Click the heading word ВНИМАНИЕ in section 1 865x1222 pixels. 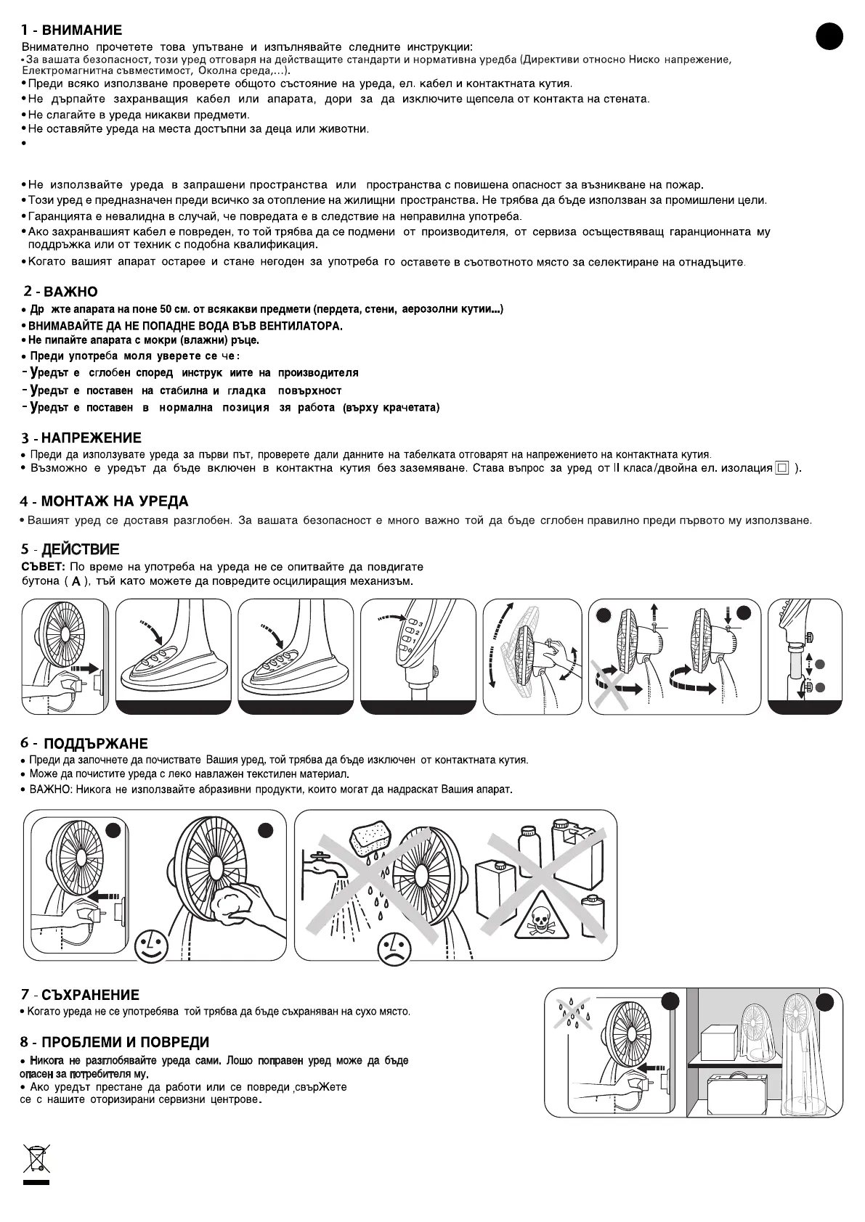[81, 30]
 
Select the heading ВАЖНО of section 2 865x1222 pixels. [70, 292]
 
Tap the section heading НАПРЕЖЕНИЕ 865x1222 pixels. [91, 438]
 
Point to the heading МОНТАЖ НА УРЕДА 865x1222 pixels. [114, 501]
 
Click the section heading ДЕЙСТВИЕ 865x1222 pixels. [80, 549]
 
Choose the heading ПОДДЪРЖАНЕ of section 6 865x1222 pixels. [96, 744]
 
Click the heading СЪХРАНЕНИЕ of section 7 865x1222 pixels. [90, 995]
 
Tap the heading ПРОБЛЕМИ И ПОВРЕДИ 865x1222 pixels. [125, 1043]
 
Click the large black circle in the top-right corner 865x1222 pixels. [829, 36]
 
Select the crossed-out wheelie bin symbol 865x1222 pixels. [36, 1158]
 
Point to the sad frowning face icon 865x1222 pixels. [393, 949]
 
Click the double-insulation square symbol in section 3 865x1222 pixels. [781, 468]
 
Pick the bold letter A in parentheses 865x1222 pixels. [76, 582]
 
